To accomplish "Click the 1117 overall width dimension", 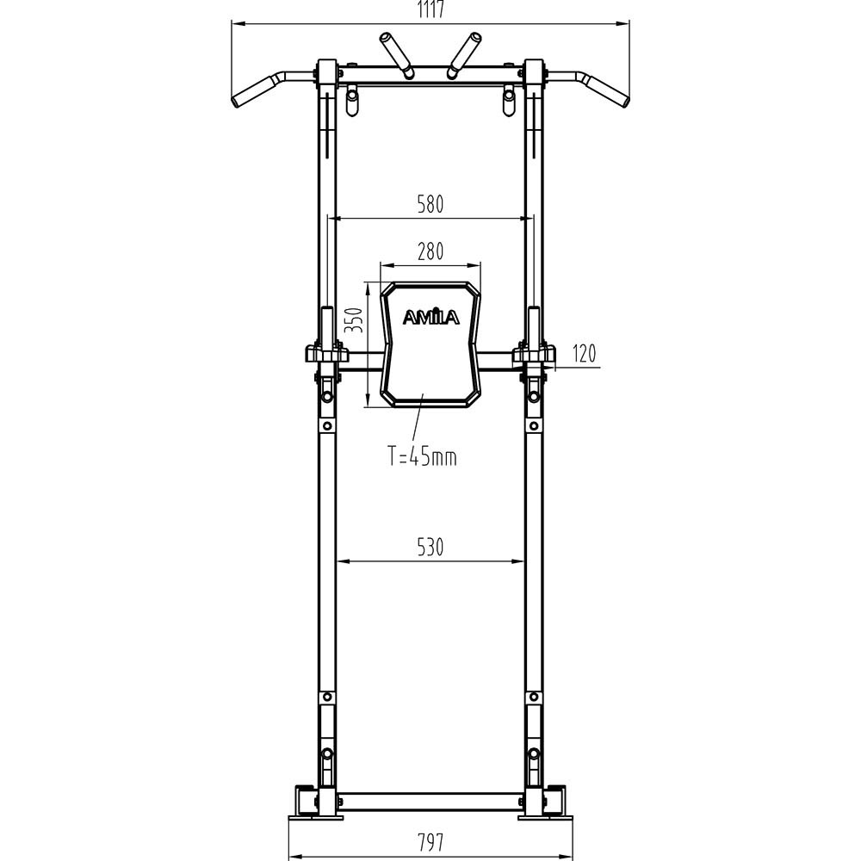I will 430,10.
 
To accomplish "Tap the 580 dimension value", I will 430,205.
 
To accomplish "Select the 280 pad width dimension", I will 430,252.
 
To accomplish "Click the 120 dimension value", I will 583,354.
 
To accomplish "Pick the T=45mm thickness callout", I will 421,457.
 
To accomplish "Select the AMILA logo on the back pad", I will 431,318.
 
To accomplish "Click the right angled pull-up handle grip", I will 608,90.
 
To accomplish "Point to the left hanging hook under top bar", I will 350,102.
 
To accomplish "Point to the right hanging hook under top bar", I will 510,102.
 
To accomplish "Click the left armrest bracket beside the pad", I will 326,353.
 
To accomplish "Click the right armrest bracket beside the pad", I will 534,353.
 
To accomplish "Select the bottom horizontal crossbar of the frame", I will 430,802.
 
